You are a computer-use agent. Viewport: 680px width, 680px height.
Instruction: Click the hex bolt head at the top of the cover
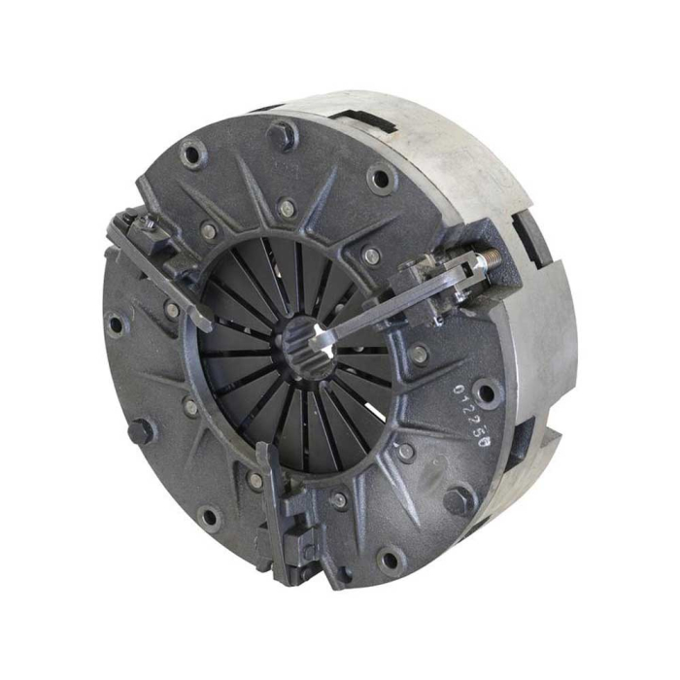pyautogui.click(x=282, y=133)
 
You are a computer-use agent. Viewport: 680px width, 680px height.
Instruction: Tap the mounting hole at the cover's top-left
pyautogui.click(x=191, y=153)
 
